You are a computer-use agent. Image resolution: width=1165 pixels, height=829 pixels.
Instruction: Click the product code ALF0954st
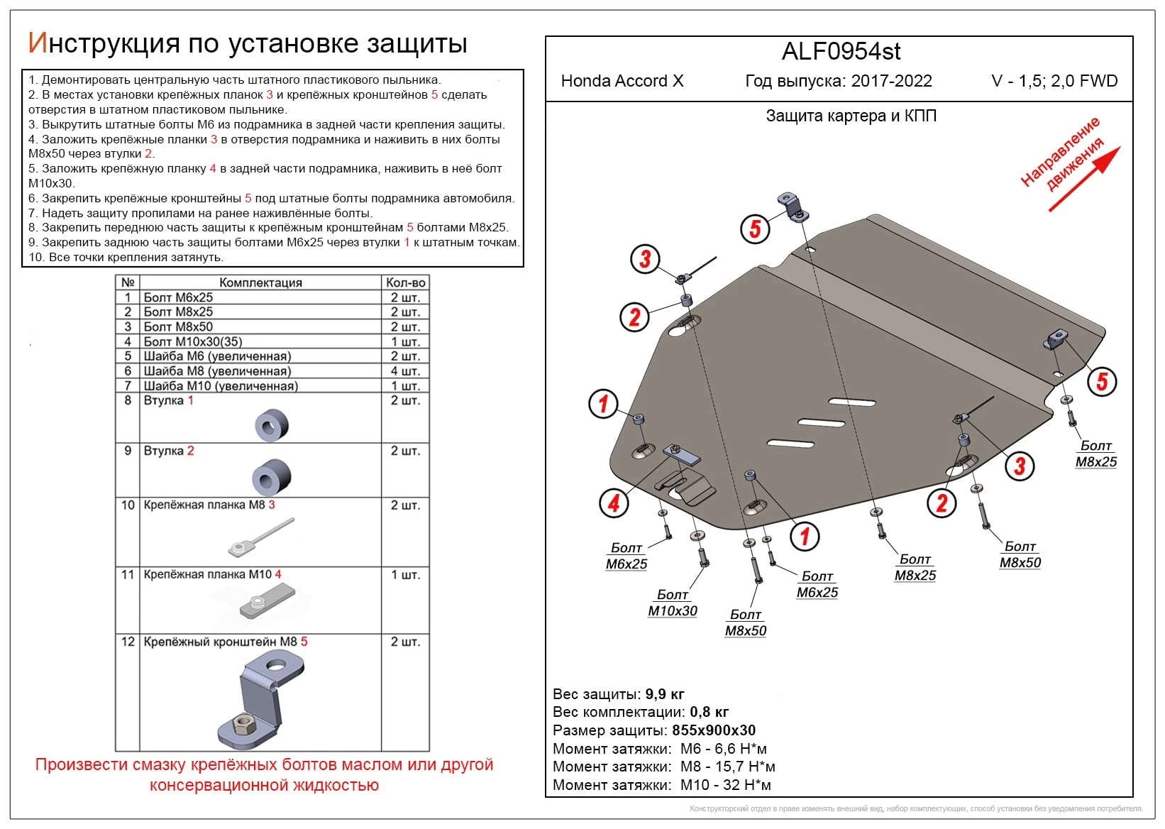[841, 52]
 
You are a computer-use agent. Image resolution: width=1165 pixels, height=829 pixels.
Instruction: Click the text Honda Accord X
[622, 81]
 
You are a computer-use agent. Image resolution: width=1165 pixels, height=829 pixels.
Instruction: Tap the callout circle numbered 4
[614, 503]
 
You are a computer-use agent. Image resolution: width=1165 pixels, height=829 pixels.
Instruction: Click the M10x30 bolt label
[672, 610]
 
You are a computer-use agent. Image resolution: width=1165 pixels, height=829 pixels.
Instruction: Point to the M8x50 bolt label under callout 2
[1020, 562]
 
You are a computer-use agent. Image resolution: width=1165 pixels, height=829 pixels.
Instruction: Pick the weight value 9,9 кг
[665, 694]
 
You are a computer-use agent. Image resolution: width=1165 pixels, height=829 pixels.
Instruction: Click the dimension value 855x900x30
[714, 730]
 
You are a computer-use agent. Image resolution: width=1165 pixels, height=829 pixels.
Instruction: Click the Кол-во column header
[405, 282]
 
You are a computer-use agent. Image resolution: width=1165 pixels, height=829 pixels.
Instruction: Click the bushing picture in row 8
[271, 424]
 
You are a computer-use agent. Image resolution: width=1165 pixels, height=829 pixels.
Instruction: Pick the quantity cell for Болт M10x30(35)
[405, 341]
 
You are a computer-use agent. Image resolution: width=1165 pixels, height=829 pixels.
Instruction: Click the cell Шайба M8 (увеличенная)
[217, 371]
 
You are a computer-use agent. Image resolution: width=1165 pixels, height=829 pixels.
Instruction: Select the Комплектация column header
[260, 282]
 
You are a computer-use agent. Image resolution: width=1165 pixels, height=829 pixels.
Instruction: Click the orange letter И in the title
[37, 43]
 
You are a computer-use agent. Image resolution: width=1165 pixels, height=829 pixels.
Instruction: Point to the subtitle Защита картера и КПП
[851, 116]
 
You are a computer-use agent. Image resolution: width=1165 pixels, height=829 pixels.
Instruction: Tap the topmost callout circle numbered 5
[755, 229]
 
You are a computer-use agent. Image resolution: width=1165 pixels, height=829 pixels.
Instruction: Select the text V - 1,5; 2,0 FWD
[1054, 81]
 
